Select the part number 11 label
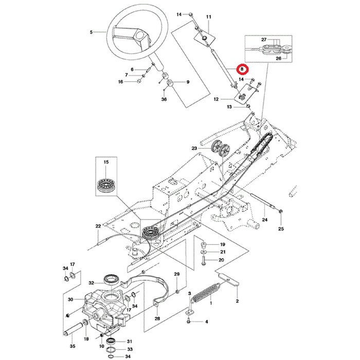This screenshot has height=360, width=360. pos(209,17)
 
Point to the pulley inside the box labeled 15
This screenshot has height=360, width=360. pos(107,184)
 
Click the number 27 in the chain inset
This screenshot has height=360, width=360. pos(264,39)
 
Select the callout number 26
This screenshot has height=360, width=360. pos(278,58)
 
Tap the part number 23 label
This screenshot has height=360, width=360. pos(194,148)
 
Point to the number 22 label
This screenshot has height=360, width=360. pos(98,226)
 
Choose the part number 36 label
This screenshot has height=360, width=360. pos(164,99)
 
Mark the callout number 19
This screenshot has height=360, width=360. pos(222,244)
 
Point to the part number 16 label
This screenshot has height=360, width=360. pos(120,82)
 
